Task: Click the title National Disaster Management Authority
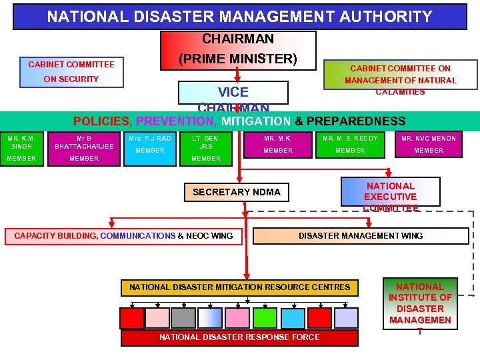239,17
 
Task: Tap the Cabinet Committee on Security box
71,72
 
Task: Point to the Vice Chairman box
233,97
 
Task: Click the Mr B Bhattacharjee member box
84,148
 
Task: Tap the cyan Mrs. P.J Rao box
150,148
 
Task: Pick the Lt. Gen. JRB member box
206,148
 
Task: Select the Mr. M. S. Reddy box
350,148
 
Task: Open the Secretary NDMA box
237,192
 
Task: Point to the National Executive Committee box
391,192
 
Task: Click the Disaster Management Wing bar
361,235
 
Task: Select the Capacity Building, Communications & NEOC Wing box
124,235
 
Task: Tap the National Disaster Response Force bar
239,337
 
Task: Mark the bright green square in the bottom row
265,318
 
